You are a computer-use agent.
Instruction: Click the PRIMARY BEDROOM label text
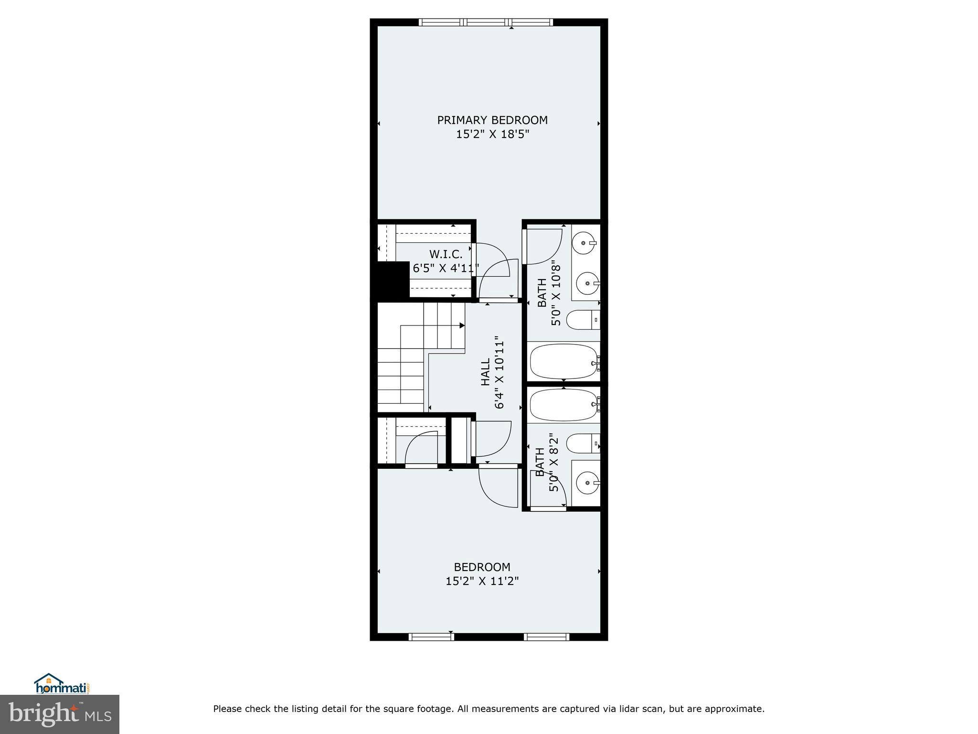(492, 120)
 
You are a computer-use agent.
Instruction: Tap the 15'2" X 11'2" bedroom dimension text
(482, 581)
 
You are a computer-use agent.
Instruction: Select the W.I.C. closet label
(446, 254)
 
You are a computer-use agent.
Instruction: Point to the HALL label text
(485, 372)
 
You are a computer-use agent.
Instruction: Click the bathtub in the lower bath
(564, 404)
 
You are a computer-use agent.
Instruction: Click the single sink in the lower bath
(586, 484)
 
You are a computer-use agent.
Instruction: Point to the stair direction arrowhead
(462, 325)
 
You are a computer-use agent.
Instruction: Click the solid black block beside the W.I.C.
(393, 280)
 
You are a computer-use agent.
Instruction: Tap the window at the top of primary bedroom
(486, 22)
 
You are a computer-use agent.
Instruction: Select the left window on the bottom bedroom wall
(431, 637)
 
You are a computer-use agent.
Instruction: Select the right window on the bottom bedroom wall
(546, 637)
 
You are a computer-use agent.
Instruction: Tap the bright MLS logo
(59, 714)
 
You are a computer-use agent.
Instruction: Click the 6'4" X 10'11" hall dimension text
(500, 372)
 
